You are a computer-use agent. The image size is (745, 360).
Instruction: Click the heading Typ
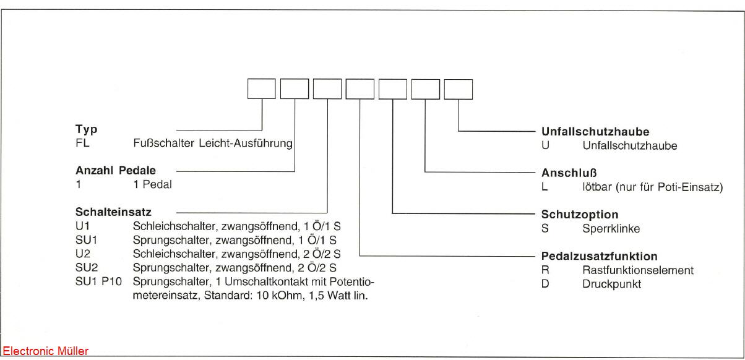pos(87,131)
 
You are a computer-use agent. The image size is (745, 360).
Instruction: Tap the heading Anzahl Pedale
pos(116,171)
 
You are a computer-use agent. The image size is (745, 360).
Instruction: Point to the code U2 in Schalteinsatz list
pos(82,254)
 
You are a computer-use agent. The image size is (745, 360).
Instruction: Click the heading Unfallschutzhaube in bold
pos(595,132)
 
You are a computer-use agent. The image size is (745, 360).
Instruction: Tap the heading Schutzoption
pos(580,215)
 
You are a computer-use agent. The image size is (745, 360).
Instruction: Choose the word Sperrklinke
pos(611,229)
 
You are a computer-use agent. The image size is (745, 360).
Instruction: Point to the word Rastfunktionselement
pos(637,270)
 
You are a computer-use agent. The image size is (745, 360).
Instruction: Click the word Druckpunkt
pos(611,285)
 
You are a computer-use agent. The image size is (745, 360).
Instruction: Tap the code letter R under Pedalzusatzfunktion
pos(545,270)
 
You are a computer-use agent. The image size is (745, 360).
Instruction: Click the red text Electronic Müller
pos(46,351)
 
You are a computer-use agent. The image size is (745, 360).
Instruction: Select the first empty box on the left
pos(261,90)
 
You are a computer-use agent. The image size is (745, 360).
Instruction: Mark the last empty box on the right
pos(459,90)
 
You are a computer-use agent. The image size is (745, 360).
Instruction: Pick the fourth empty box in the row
pos(360,90)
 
